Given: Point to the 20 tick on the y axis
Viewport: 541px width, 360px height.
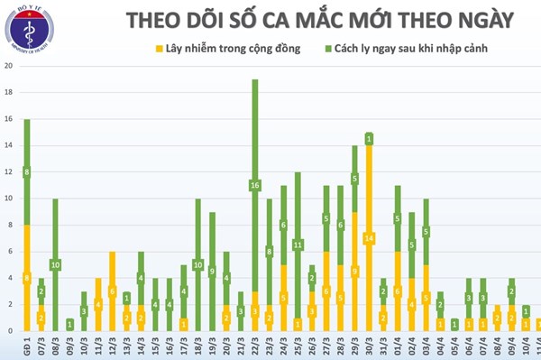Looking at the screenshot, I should [8, 67].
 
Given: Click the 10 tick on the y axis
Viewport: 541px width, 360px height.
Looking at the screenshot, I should [8, 198].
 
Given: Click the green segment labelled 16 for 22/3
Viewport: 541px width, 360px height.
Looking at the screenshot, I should [255, 185].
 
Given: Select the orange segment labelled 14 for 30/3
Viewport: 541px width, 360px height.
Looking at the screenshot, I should [369, 238].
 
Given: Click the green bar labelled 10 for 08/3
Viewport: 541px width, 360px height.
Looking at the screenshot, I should [56, 264].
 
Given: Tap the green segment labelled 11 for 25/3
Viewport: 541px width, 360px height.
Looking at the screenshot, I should [298, 245].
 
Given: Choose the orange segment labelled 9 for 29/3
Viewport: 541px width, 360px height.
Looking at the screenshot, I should [354, 271].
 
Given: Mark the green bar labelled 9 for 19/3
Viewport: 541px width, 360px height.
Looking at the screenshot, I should [213, 271].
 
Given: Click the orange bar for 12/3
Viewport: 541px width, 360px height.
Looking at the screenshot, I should [113, 291].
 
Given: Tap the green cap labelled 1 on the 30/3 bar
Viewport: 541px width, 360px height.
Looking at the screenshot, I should [369, 139].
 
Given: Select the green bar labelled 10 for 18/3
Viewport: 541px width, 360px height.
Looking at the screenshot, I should [198, 264].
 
